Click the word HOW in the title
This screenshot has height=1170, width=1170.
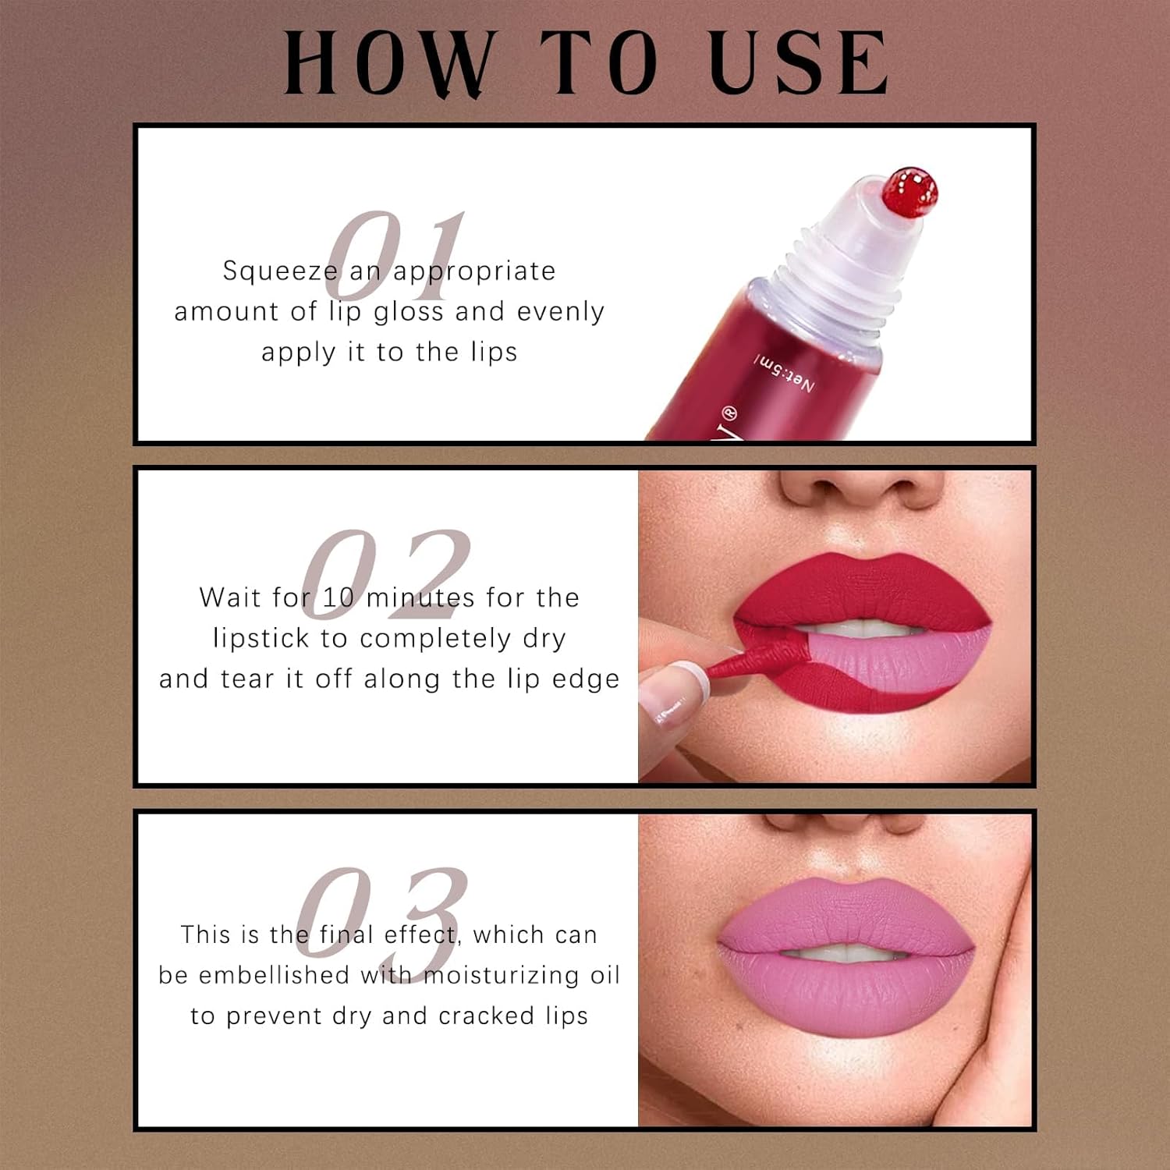[391, 63]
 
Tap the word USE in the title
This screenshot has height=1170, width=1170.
[799, 62]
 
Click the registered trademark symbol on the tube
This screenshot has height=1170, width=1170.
[730, 414]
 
